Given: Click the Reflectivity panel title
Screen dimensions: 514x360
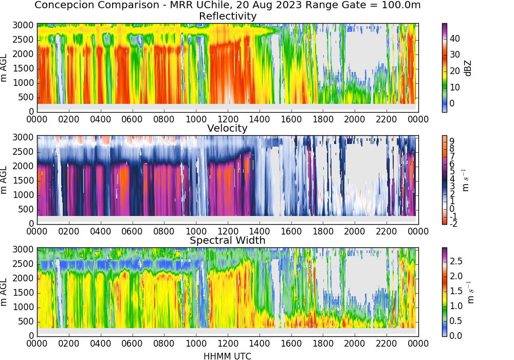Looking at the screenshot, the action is pos(228,16).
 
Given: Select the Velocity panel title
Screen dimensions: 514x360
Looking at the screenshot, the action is pos(227,128).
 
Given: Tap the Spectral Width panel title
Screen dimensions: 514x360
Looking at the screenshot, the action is pos(228,240).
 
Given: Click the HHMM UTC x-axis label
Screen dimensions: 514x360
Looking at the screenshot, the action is pos(227,356).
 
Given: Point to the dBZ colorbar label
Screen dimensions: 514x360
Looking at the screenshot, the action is pos(468,68).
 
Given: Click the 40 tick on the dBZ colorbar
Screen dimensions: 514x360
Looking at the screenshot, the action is pos(455,39).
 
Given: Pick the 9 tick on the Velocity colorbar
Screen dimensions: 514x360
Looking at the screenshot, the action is pos(452,141).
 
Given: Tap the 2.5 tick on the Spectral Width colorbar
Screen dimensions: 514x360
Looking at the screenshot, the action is pos(456,261).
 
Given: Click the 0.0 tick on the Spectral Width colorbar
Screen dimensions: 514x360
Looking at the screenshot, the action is pos(456,335).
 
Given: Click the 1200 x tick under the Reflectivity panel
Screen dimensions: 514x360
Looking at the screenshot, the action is pos(228,119).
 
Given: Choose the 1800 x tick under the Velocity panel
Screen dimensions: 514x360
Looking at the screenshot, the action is pos(323,231).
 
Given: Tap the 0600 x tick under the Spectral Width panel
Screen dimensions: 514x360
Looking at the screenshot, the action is pos(132,343).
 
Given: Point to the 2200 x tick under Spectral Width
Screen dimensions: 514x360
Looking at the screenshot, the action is pos(387,343).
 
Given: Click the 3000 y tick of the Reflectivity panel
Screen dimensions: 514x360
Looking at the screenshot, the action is pos(23,26).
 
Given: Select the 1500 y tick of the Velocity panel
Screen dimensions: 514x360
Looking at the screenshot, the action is pos(23,181).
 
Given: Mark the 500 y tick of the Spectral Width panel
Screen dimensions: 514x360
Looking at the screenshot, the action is pos(26,321).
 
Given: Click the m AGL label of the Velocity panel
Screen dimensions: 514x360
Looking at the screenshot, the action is pos(4,180).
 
